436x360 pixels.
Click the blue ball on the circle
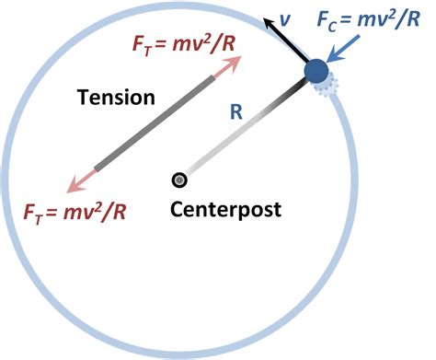coord(316,71)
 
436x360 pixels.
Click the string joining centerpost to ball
coord(244,130)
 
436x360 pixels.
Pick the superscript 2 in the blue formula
coord(403,12)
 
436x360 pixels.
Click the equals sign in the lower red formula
coord(55,212)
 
